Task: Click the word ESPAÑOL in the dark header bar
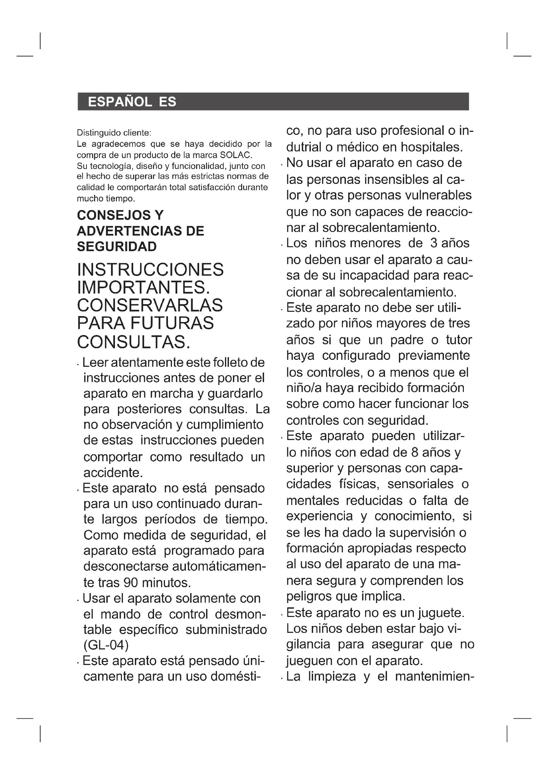[x=120, y=102]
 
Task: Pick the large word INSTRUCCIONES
[x=150, y=270]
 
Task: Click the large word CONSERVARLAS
[x=150, y=305]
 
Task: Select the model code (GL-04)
[x=106, y=645]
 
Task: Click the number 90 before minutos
[x=131, y=583]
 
